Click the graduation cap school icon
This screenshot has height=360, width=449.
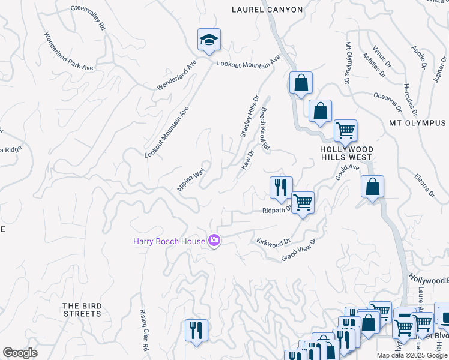point(209,40)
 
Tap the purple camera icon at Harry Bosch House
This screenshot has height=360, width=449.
point(214,241)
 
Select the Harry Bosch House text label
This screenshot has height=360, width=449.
point(169,242)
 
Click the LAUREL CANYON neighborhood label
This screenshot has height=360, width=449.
point(267,9)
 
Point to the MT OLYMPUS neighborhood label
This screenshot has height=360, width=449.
point(418,123)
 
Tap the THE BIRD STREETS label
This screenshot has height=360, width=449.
point(82,310)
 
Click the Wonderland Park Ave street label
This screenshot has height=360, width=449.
point(68,52)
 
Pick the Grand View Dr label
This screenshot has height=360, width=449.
point(299,250)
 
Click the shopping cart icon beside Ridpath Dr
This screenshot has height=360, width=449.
point(303,203)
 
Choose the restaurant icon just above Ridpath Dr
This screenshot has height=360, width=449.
point(280,188)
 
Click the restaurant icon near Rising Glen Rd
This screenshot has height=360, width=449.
point(196,330)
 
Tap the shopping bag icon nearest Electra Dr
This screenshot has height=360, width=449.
point(373,187)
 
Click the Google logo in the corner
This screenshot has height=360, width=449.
point(20,353)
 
